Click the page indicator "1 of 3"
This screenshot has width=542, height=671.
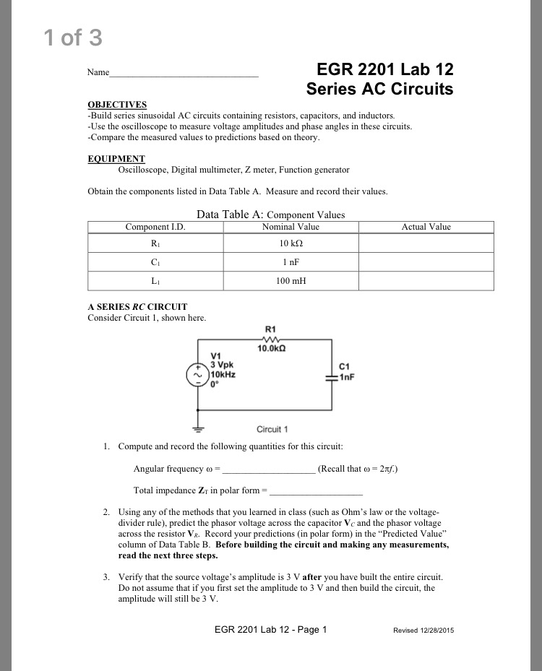pos(73,38)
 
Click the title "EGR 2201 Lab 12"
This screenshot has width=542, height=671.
pos(385,70)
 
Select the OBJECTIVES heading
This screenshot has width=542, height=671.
pos(117,105)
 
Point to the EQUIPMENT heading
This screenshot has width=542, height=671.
pos(116,159)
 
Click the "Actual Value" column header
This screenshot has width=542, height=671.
pos(426,227)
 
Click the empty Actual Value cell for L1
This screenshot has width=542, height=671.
pos(426,280)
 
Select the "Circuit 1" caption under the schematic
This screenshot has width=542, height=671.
pos(272,429)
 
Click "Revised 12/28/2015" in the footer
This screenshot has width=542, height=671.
pos(423,630)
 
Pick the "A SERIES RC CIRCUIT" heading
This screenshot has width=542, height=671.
pos(137,306)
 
